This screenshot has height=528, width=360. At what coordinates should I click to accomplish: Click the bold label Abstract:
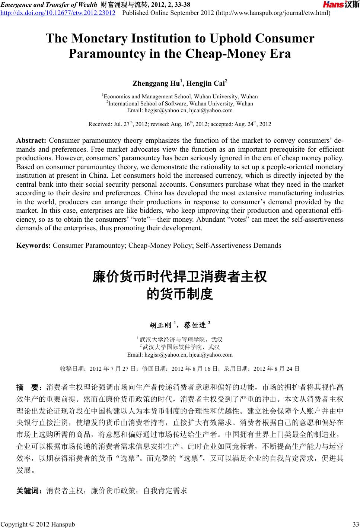click(31, 140)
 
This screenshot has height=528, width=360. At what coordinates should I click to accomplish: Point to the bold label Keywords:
click(34, 246)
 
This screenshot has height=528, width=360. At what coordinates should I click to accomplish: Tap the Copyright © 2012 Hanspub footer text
click(38, 525)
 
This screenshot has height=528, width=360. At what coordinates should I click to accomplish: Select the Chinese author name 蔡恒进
click(195, 325)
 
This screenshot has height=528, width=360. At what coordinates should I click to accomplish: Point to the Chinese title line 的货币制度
click(180, 294)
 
